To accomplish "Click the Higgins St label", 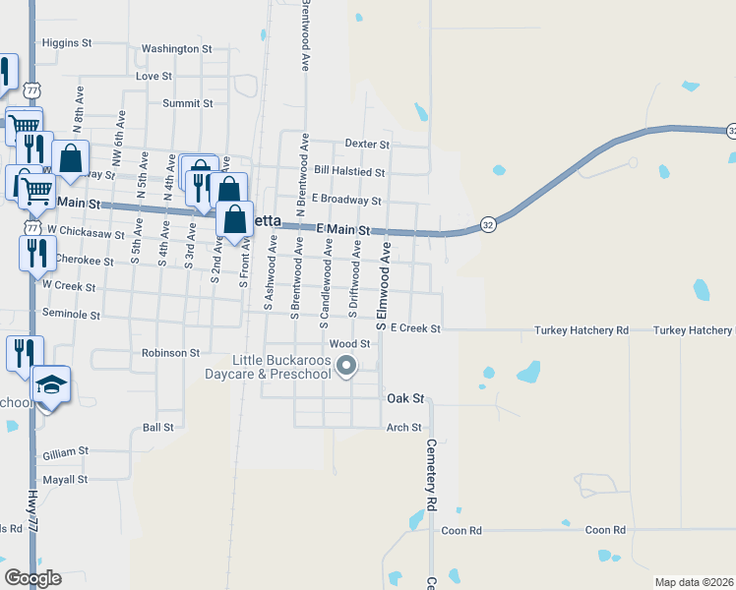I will (x=67, y=43).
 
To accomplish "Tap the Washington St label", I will (x=177, y=48).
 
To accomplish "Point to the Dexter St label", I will (x=367, y=144).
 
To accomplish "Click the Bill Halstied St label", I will (x=348, y=172).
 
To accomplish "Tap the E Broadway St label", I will (x=345, y=201).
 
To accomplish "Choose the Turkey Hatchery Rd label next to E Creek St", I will (x=581, y=330).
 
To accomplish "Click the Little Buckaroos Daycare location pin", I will (x=346, y=367).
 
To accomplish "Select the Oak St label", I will (x=404, y=398).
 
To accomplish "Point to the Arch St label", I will (x=403, y=428).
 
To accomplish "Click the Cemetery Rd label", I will (x=431, y=473).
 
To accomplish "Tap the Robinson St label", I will (x=170, y=352).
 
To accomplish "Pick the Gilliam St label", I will (x=66, y=452).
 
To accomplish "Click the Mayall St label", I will (x=65, y=480).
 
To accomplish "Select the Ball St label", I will (x=157, y=428).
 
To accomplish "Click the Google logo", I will (x=32, y=578).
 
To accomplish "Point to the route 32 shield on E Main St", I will (x=487, y=224).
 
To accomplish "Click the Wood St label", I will (x=349, y=344).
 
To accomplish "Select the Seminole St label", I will (x=71, y=315).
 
